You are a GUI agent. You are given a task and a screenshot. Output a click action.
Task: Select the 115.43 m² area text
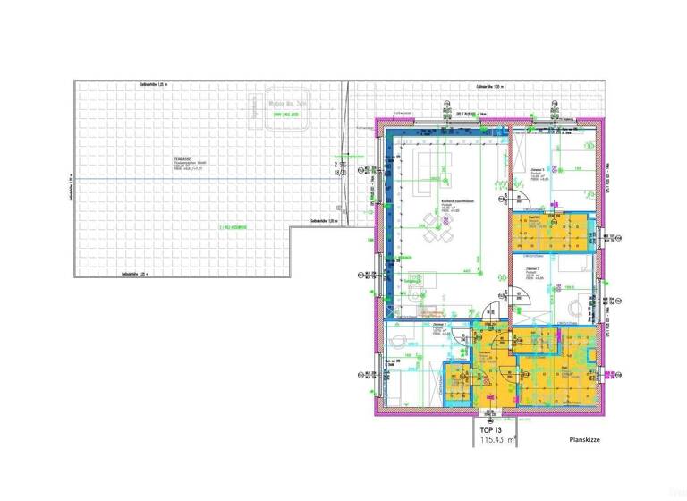click(499, 440)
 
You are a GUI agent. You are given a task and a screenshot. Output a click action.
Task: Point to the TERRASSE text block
click(190, 164)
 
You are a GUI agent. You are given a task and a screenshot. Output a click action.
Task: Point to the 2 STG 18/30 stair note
click(340, 167)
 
